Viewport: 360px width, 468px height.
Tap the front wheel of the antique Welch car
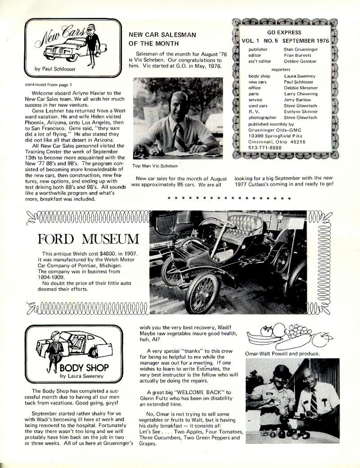pyautogui.click(x=202, y=292)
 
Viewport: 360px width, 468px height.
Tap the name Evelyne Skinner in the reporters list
pyautogui.click(x=301, y=111)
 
